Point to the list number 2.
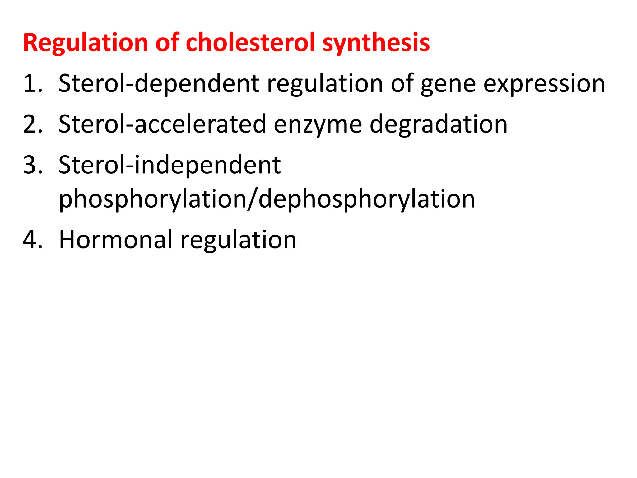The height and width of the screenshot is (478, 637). coord(32,124)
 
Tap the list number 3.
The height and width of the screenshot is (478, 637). coord(32,165)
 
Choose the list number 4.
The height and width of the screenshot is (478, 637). coord(32,240)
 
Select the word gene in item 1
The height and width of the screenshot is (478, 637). coord(448,84)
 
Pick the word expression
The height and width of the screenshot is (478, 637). coord(544,84)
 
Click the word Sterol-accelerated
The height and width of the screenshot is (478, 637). coord(162,124)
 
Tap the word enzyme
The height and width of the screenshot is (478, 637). coord(318,125)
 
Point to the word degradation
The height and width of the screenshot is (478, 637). coord(439,124)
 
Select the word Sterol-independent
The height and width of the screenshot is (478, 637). coord(170,165)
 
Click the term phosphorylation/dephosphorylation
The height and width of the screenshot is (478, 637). coord(267,199)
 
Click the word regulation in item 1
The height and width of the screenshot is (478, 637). coord(325,84)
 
